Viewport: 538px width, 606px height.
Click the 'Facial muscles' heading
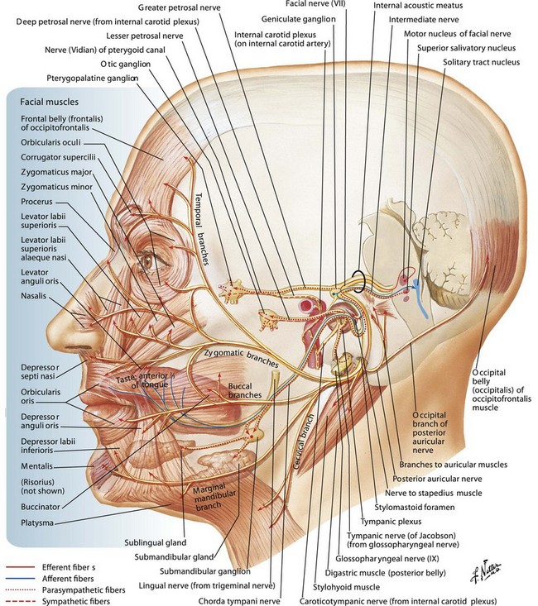pyautogui.click(x=42, y=103)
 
